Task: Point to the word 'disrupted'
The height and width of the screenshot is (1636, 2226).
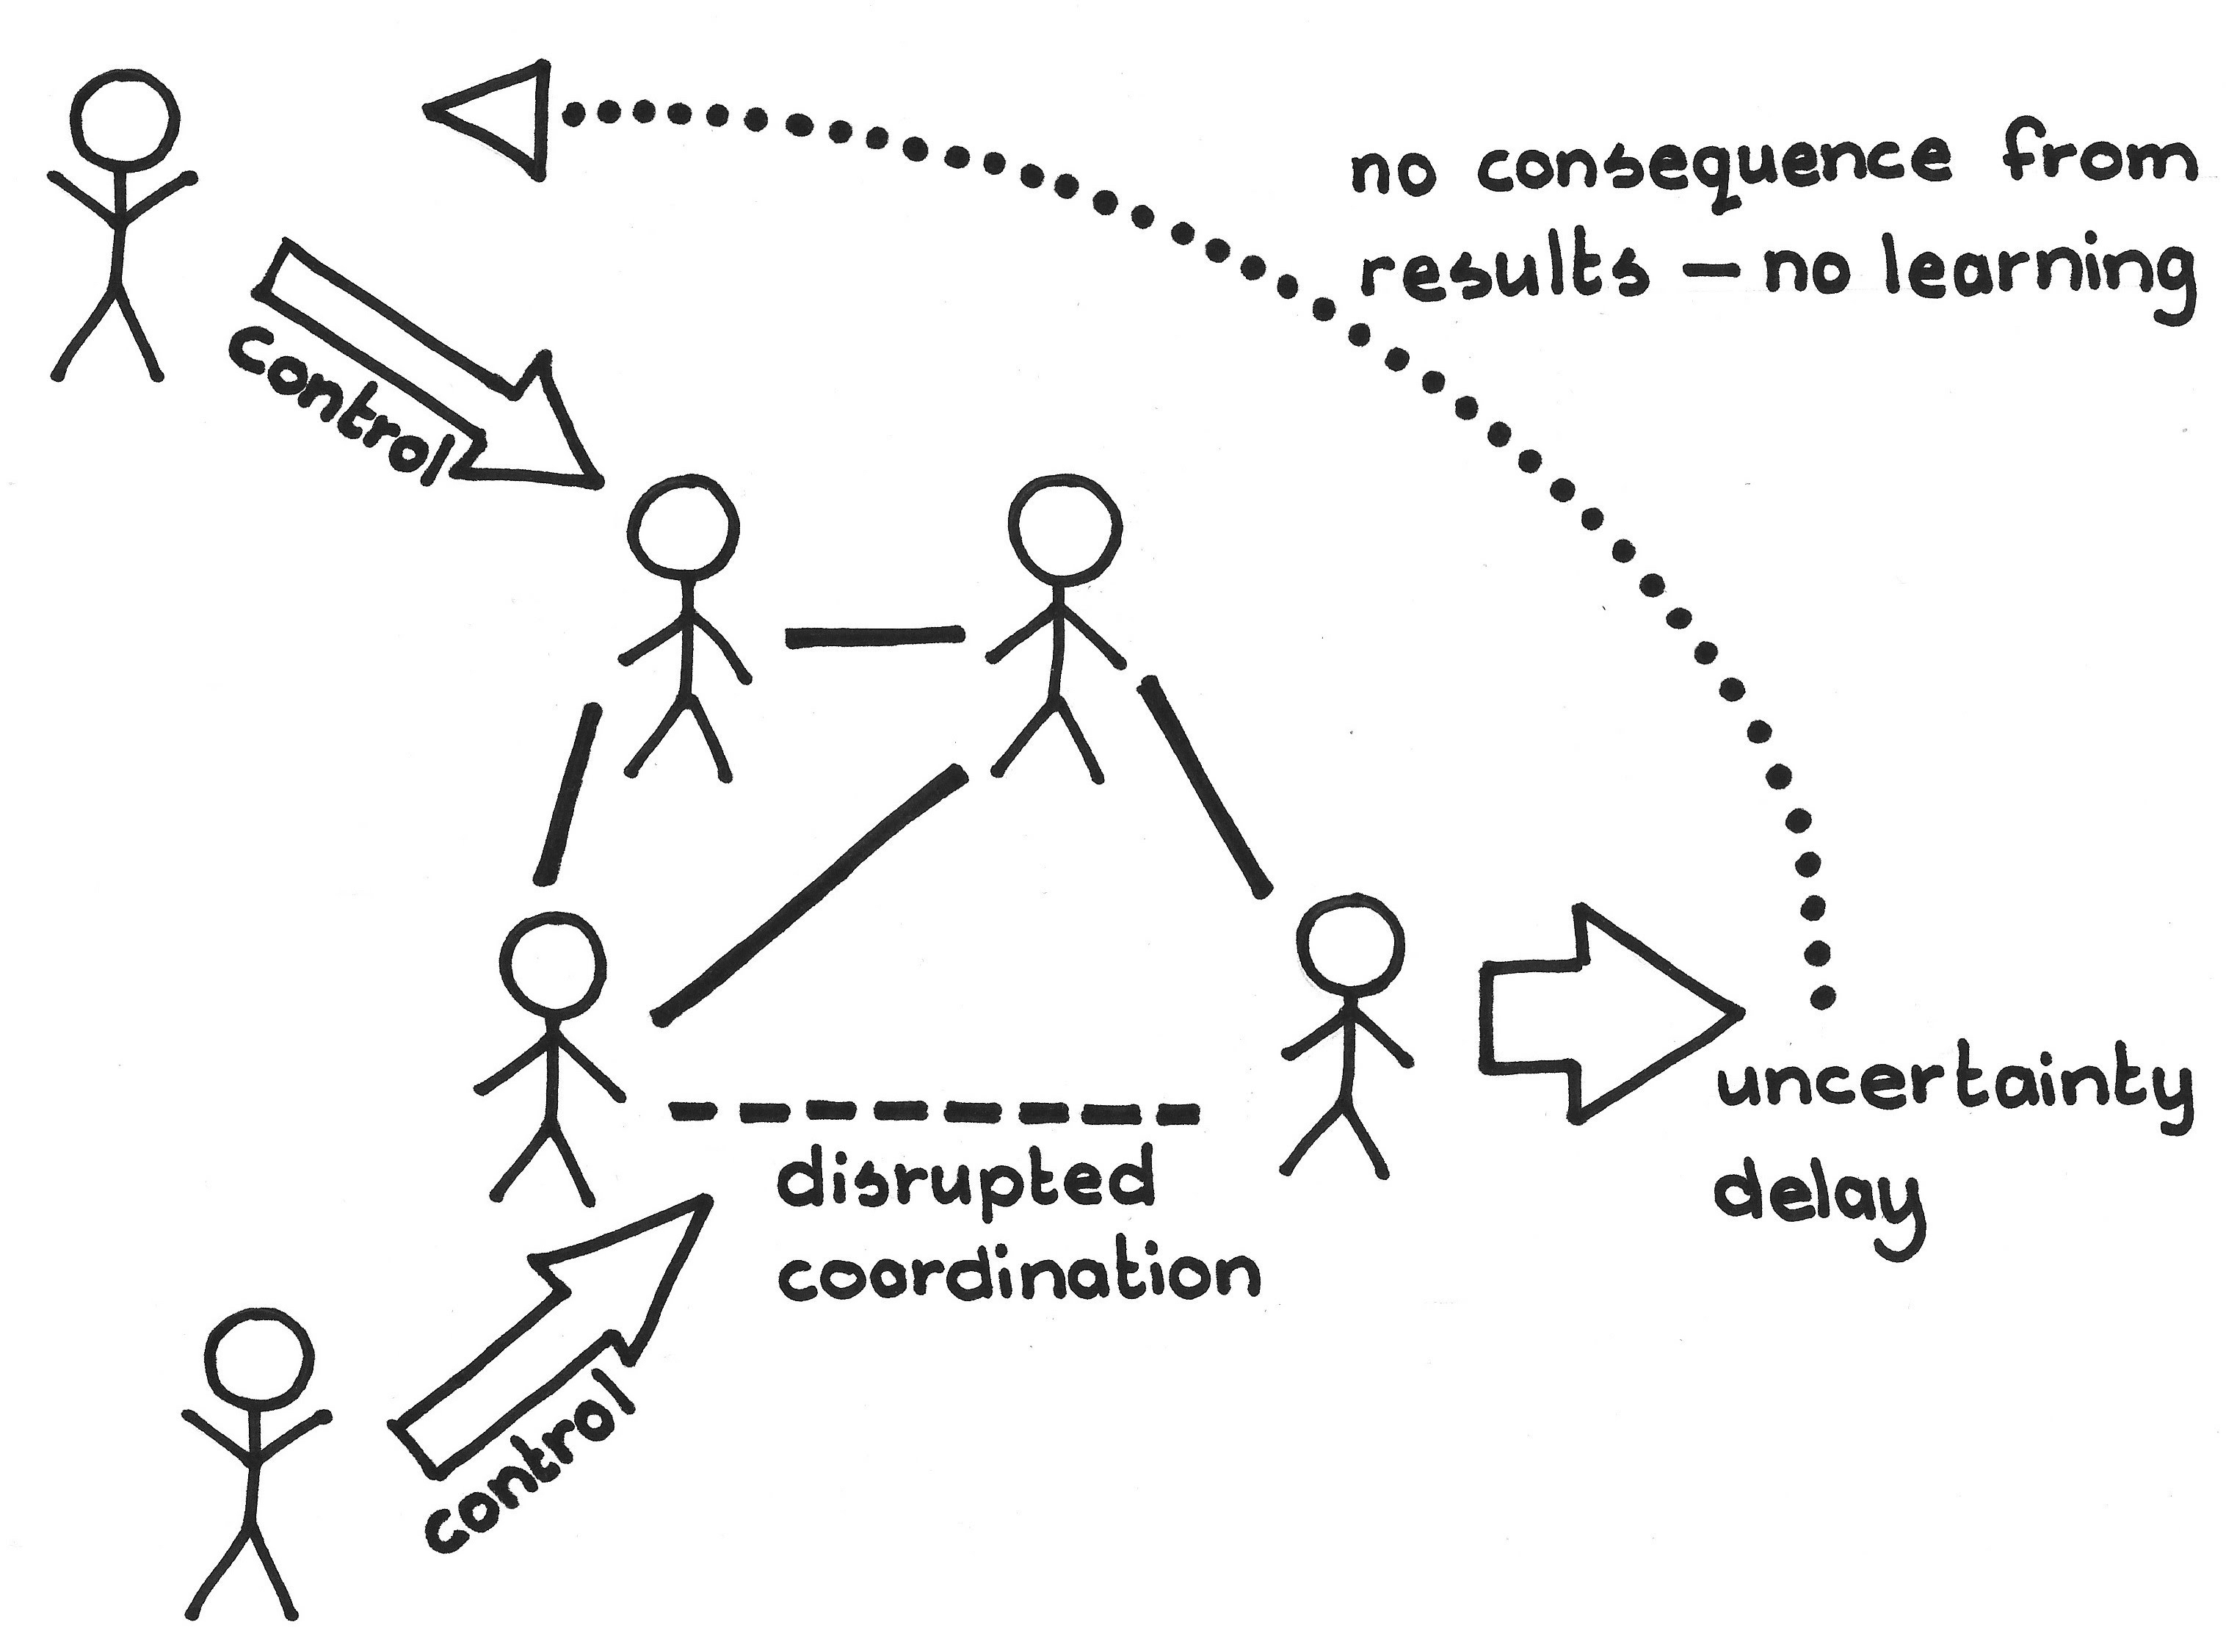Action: (965, 1184)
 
